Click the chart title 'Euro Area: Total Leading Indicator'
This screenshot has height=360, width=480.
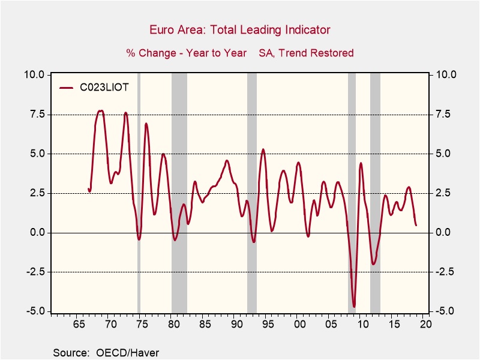(x=239, y=30)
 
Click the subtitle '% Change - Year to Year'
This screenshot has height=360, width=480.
(x=186, y=53)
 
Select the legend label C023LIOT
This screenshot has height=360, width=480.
(x=104, y=88)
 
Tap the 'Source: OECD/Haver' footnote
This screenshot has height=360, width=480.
(x=106, y=352)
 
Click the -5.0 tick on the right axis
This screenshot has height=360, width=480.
(x=443, y=311)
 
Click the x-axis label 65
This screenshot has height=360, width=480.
(x=79, y=325)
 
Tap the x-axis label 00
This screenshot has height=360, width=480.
(x=299, y=325)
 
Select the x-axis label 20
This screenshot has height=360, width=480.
(x=425, y=325)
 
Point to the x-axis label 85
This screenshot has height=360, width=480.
(x=205, y=325)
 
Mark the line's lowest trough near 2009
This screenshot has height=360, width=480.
(x=354, y=307)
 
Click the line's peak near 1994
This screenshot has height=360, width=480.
(x=263, y=149)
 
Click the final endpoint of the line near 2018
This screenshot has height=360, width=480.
(x=416, y=225)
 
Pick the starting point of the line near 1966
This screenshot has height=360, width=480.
(x=89, y=189)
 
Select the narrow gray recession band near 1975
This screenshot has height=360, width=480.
(x=139, y=192)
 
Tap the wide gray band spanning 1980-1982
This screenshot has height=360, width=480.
(x=179, y=192)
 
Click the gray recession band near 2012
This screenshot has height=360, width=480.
(x=375, y=192)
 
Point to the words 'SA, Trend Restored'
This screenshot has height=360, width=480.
(x=306, y=53)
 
